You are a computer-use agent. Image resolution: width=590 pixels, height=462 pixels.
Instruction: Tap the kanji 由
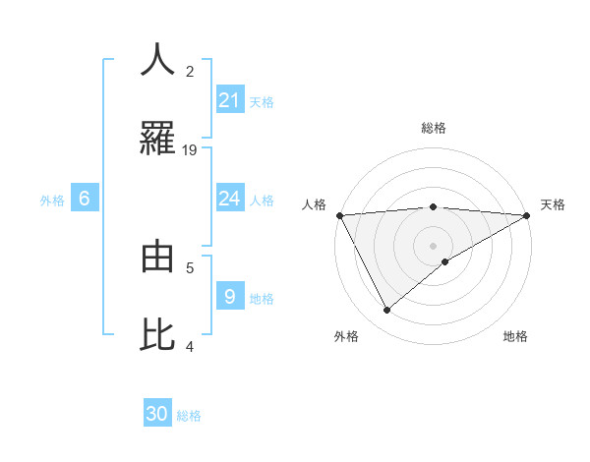tap(157, 257)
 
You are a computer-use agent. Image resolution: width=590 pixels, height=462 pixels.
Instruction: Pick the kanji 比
tap(157, 334)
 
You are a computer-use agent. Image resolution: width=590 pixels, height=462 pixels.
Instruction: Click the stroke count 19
tap(190, 150)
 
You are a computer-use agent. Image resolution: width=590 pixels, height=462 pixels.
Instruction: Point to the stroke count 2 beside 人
tap(190, 72)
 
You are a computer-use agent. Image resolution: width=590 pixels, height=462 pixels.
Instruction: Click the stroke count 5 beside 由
tap(190, 266)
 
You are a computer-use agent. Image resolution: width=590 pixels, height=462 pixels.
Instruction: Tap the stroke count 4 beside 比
tap(190, 346)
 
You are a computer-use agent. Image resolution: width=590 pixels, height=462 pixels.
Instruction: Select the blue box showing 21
tap(229, 99)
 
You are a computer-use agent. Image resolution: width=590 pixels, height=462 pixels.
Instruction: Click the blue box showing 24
tap(229, 199)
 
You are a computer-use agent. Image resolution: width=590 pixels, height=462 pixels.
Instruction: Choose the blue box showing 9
tap(229, 296)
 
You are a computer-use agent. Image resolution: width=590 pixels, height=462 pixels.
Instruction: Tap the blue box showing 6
tap(85, 199)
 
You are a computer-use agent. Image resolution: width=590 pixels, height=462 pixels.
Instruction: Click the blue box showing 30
tap(157, 414)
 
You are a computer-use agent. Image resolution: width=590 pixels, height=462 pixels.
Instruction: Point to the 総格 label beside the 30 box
tap(189, 416)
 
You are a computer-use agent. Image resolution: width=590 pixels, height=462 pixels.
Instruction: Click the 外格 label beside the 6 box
tap(52, 201)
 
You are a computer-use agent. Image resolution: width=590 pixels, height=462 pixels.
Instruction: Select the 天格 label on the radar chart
tap(553, 204)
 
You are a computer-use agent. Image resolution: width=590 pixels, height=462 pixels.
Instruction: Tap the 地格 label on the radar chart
tap(515, 336)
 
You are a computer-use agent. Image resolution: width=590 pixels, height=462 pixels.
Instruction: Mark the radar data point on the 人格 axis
tap(339, 215)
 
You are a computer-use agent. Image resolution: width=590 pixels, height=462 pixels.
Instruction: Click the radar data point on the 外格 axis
tap(386, 311)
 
